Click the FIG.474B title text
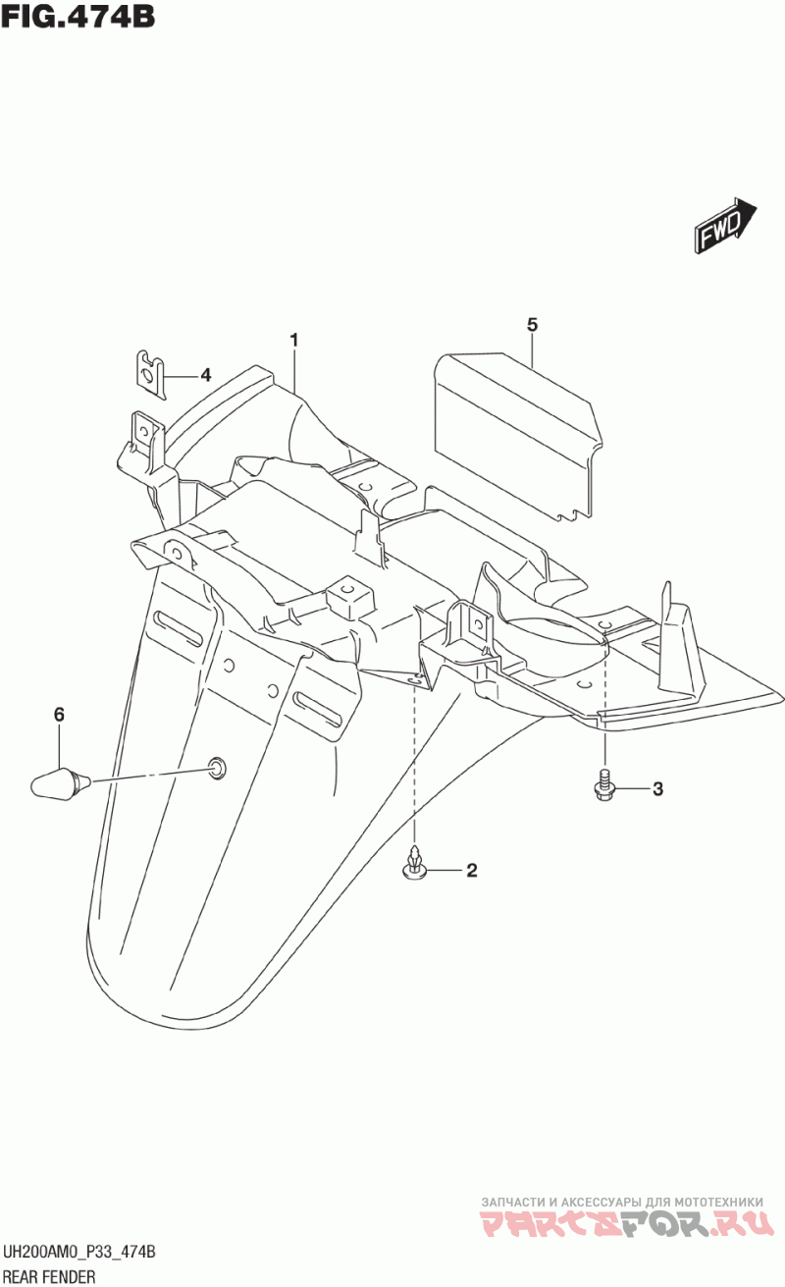pos(78,17)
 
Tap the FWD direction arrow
pos(725,224)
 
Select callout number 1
pos(293,340)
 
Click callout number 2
pos(471,870)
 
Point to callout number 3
pos(657,788)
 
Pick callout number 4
pos(205,374)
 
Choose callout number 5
pos(532,324)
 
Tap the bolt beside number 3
pos(603,786)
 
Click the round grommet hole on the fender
pos(215,767)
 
